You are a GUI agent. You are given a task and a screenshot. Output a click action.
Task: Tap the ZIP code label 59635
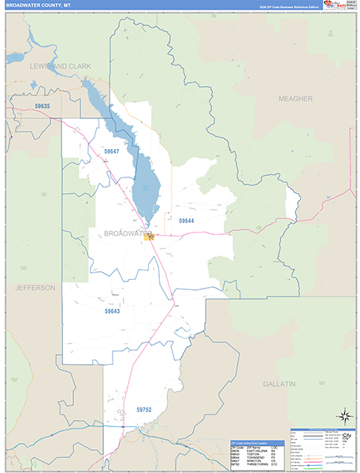point(43,106)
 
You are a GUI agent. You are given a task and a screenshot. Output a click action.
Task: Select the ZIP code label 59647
point(111,151)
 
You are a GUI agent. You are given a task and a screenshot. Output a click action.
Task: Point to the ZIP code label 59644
point(187,221)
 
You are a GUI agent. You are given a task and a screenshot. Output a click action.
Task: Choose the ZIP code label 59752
point(143,410)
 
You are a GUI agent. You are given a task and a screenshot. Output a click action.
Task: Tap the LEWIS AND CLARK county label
point(61,67)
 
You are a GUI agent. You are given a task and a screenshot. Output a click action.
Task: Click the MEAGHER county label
point(295,99)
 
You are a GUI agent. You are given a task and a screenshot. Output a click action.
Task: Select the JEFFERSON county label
point(35,288)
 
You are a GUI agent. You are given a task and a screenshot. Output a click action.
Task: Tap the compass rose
point(343,415)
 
